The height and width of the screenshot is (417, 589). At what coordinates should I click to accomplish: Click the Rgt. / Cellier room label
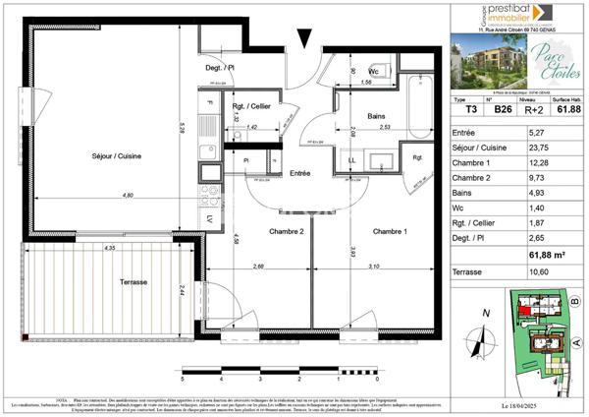tap(251, 107)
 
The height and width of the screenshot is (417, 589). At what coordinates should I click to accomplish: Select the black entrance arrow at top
tap(306, 38)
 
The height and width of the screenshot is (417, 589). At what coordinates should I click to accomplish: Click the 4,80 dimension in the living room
tap(129, 196)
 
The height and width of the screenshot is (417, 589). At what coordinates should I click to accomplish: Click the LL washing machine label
tap(352, 160)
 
